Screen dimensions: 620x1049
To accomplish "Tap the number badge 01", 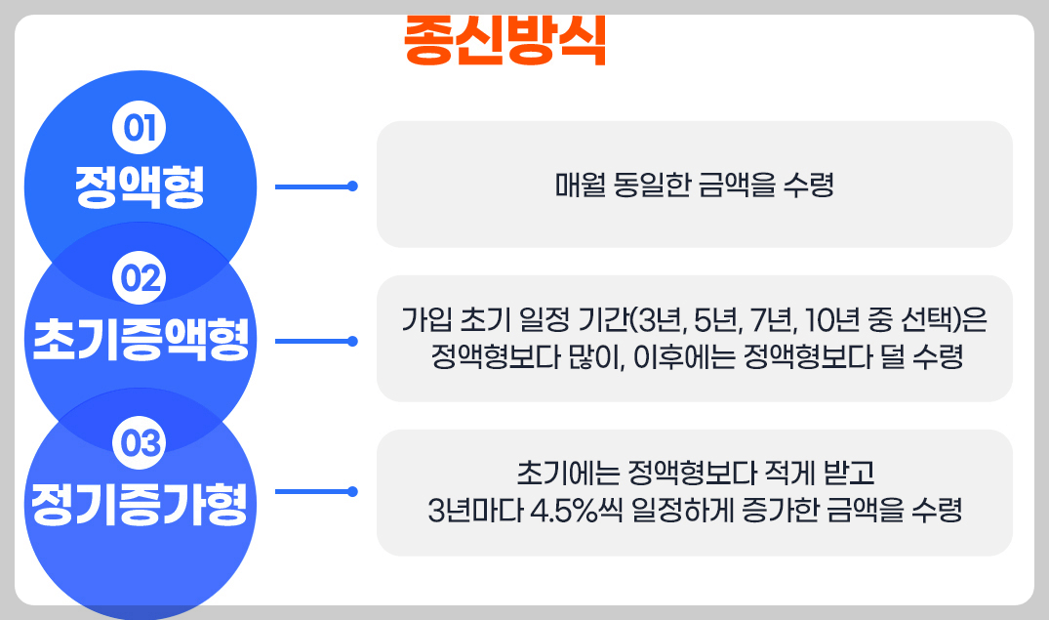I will pos(140,128).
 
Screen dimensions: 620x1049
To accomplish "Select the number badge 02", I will pos(140,281).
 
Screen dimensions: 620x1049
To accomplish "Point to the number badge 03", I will pos(140,444).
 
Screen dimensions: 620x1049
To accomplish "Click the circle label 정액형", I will pos(140,186).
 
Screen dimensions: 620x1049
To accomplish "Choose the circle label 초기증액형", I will pos(141,340).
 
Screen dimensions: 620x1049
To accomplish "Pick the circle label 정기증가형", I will pos(140,503).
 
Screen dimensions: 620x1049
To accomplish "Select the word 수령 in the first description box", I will pos(808,185).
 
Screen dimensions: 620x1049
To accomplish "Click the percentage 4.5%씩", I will pos(578,511).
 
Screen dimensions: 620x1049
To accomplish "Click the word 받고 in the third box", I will pos(854,475).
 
